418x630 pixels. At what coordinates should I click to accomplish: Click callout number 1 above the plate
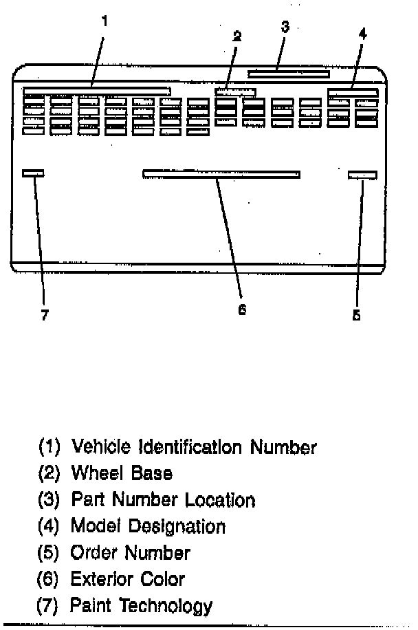[104, 21]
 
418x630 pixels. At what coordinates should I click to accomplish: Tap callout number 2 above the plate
[236, 36]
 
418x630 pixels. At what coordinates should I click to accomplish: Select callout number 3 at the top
[285, 27]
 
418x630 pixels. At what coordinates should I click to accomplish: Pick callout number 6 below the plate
[241, 309]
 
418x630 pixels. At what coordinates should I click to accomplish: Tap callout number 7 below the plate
[45, 315]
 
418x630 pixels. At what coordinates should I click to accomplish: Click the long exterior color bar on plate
[221, 174]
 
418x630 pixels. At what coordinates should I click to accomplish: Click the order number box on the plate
[362, 175]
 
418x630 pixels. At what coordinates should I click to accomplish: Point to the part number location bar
[289, 74]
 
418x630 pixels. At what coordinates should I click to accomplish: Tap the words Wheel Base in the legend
[122, 473]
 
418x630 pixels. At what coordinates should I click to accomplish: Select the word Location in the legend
[221, 500]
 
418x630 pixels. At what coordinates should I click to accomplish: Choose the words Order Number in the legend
[131, 552]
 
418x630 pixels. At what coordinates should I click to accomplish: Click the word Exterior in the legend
[103, 578]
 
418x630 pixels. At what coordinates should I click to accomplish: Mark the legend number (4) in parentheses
[49, 527]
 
